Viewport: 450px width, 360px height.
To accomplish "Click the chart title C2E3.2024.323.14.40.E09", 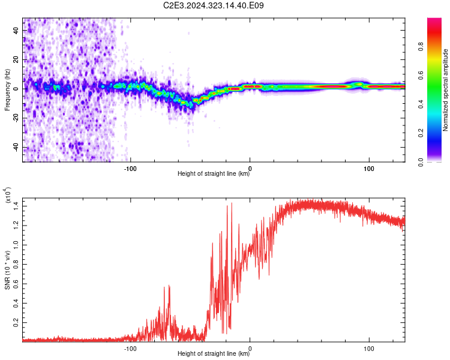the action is [x=213, y=5].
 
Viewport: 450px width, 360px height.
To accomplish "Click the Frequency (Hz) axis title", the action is [x=7, y=90].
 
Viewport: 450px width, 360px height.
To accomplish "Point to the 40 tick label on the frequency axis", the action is [x=16, y=31].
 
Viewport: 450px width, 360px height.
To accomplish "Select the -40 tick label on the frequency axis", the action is [x=16, y=147].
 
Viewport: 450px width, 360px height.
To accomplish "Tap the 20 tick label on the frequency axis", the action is [x=16, y=60].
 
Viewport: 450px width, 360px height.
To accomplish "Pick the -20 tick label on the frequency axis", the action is [x=16, y=118].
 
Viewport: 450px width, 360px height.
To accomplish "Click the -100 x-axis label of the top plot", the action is [x=130, y=169].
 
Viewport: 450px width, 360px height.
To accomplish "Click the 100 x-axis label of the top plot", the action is [x=369, y=169].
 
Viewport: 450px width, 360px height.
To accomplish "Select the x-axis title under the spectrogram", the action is [x=214, y=173].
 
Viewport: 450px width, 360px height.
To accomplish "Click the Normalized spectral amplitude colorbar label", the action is [x=445, y=90].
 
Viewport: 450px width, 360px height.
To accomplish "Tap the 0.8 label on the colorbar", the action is [x=421, y=47].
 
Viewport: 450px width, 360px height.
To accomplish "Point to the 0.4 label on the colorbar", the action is [x=421, y=104].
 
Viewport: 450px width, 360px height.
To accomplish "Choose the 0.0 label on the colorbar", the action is [x=421, y=162].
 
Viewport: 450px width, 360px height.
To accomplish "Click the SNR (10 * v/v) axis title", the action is [x=7, y=270].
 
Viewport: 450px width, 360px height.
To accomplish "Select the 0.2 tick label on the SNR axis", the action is [x=16, y=322].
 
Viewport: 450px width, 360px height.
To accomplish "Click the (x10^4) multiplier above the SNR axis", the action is [x=8, y=195].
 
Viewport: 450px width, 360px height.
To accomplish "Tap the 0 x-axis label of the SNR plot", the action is [x=250, y=349].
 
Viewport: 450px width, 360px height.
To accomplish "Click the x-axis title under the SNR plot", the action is [x=214, y=353].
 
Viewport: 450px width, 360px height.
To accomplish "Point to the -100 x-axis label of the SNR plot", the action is [x=130, y=349].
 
